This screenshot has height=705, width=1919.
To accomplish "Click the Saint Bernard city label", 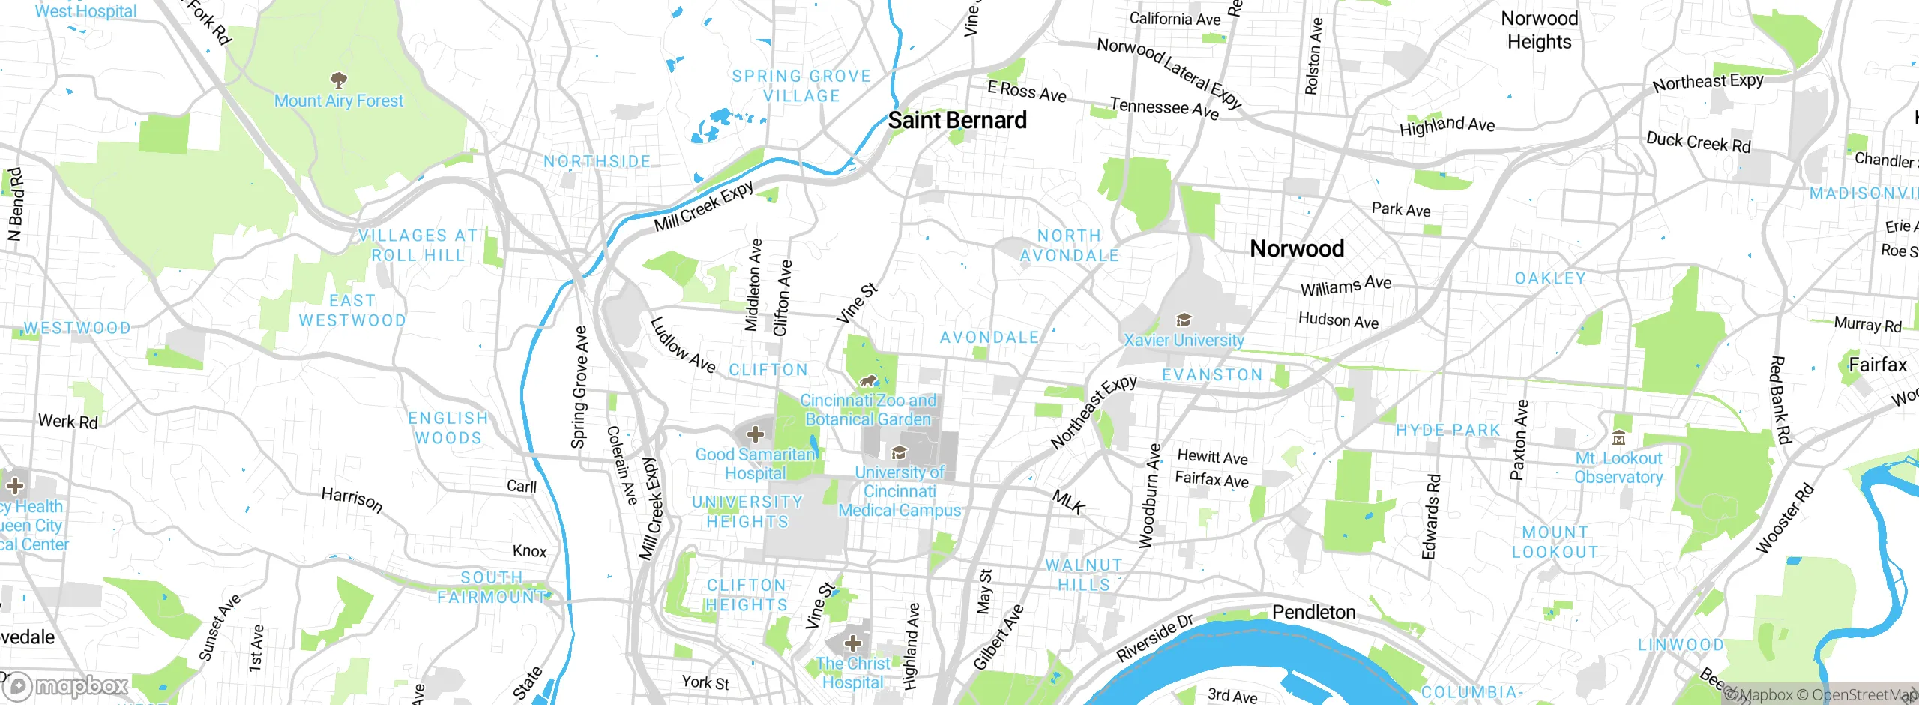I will click(957, 120).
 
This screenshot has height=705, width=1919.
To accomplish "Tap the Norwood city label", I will click(1297, 248).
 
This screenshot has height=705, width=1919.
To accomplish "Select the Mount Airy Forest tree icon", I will click(339, 79).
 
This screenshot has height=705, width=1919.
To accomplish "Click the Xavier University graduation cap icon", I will click(1184, 320).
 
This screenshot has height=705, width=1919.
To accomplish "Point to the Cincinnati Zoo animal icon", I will click(869, 381).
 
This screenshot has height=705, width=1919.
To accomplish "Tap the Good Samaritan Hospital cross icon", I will click(756, 433).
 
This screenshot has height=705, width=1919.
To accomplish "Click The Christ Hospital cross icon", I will click(853, 643).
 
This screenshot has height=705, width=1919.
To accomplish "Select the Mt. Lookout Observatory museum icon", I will click(1618, 438).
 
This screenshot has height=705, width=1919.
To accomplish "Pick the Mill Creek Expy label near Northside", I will click(704, 207).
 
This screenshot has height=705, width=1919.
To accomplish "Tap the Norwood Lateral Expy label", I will click(1169, 73).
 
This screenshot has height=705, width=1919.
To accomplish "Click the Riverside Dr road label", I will click(1154, 638).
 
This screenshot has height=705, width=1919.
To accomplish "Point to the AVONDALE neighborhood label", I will click(989, 337).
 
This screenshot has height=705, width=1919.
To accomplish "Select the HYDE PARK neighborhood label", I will click(1448, 430).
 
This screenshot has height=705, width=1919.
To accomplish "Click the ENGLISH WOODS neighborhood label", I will click(448, 427).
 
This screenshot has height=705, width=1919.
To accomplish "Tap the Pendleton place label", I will click(1313, 613).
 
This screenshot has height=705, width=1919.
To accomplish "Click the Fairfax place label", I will click(1877, 365).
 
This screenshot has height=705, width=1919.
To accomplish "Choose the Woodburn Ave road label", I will click(1150, 496).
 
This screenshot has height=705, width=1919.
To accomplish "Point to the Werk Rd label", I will click(68, 421).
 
